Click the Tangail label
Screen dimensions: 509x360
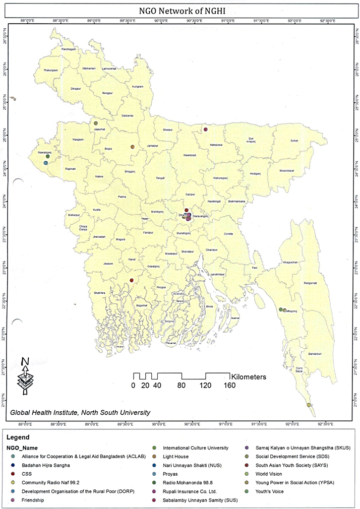coord(160,178)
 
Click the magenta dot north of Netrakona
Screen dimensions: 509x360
coord(206,130)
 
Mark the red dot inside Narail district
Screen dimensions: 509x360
coord(132,280)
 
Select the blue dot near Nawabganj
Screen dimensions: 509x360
coord(45,163)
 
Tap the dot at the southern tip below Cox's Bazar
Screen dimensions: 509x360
coord(309,405)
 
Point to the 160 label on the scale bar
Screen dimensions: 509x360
coord(230,386)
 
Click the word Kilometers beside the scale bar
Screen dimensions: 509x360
coord(249,376)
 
